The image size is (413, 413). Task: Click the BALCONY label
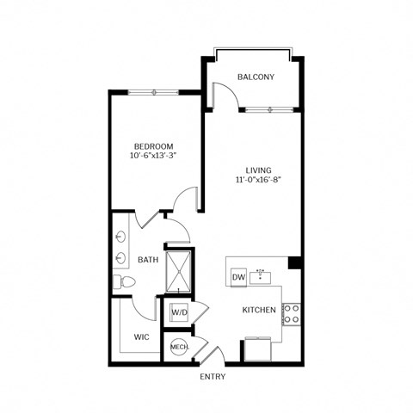point(256,77)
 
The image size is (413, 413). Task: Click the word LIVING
point(253,170)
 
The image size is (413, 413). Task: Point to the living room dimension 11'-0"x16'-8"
point(253,181)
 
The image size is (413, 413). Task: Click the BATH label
point(147,259)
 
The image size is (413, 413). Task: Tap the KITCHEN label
point(258,309)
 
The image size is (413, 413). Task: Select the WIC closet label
point(143,336)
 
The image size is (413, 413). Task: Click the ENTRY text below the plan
point(213,377)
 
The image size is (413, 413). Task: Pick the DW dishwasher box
point(238,277)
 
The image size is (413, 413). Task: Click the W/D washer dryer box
point(180,311)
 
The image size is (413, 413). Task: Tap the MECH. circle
point(180,347)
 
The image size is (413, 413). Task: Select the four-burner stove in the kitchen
point(292,313)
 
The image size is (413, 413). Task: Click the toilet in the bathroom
point(121,282)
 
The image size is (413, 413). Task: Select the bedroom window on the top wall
point(155,91)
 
